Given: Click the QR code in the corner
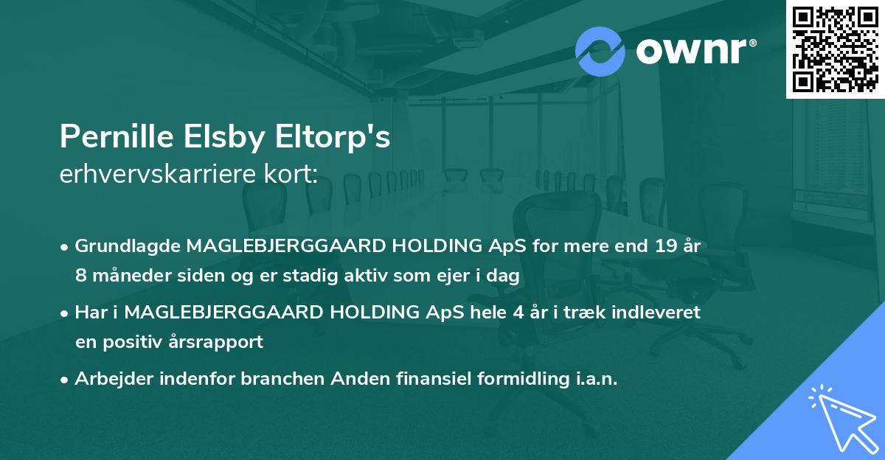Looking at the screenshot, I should pos(834,49).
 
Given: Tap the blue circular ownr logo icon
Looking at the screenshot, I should pos(600,52).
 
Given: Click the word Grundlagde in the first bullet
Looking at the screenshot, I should pos(128,245).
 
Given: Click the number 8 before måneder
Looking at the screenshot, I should pos(81,276).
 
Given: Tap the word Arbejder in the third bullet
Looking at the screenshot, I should pos(108,379).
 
